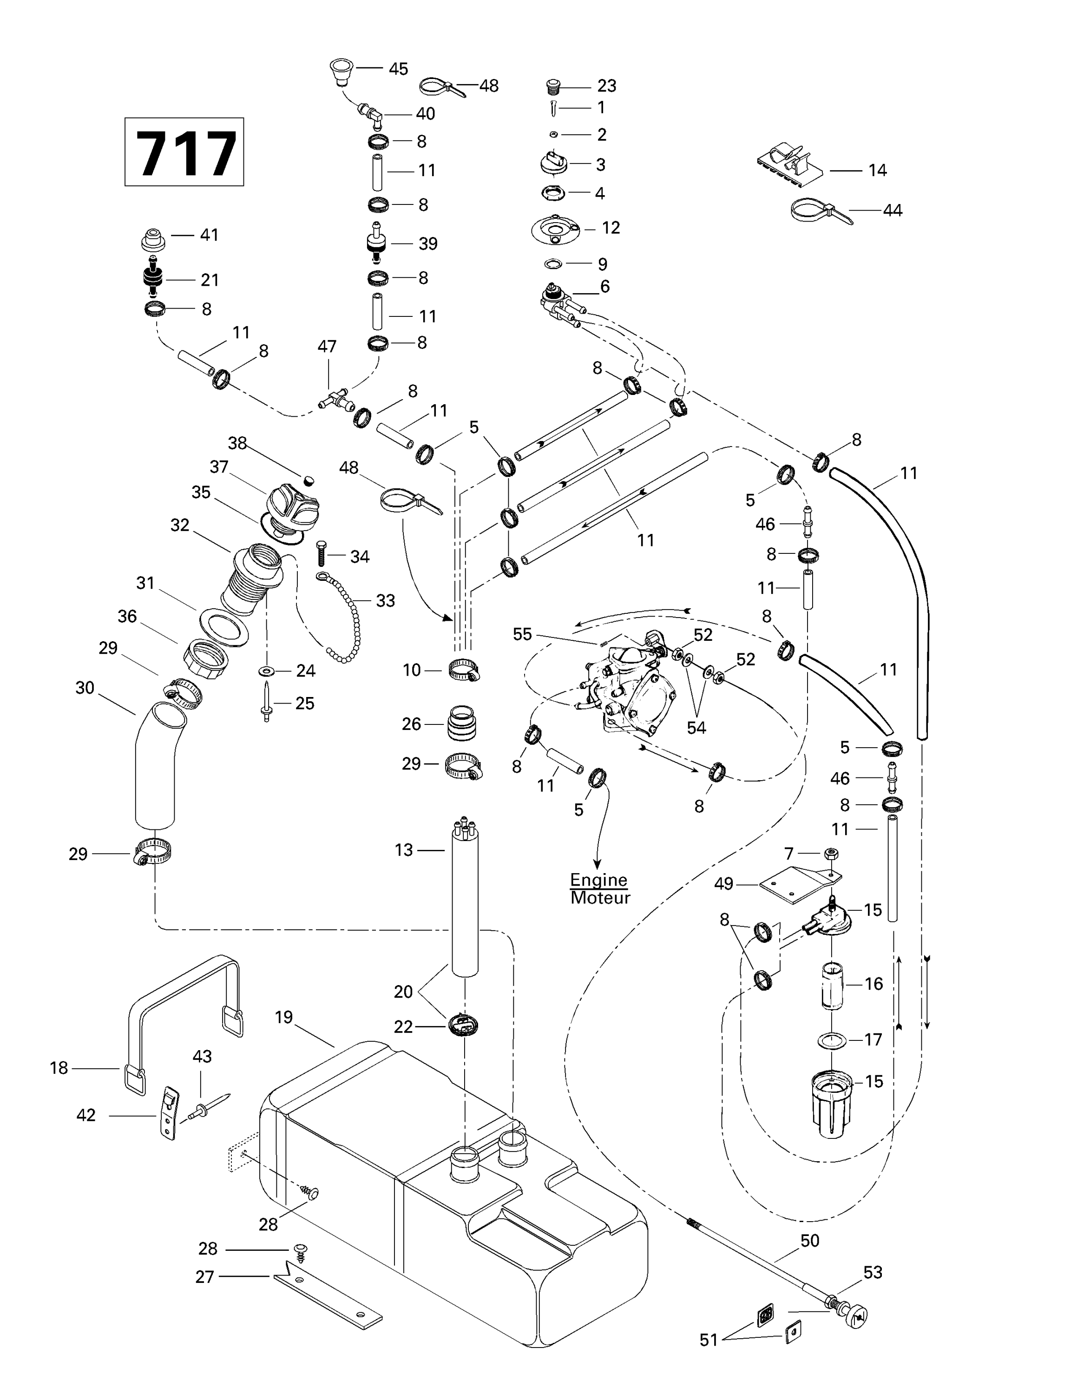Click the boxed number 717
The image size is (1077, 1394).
pos(184,152)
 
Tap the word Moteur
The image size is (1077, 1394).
pos(600,898)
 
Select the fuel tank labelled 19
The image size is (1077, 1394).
pos(447,1200)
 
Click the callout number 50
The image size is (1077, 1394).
pos(810,1241)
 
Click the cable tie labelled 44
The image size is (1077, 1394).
pos(820,210)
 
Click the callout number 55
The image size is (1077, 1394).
pos(522,634)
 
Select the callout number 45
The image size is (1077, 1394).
pos(399,69)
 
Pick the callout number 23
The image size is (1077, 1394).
pos(607,85)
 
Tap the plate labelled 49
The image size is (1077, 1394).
pos(798,887)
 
